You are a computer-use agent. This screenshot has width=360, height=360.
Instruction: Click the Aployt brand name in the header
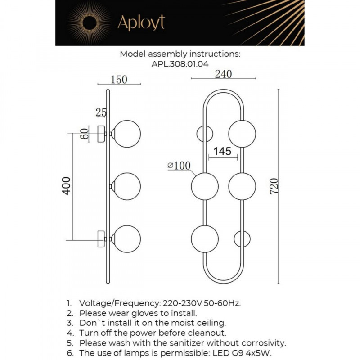click(x=141, y=22)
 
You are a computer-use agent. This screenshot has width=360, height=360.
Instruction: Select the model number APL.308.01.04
click(x=180, y=64)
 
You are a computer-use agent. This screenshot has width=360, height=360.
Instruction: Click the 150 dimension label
click(x=119, y=80)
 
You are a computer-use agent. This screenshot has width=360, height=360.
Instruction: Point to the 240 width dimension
click(x=223, y=74)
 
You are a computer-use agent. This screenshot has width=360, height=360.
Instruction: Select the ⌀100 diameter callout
click(x=179, y=166)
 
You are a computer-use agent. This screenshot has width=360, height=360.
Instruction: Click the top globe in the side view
click(x=127, y=134)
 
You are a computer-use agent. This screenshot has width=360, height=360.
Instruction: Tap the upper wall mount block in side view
click(x=102, y=134)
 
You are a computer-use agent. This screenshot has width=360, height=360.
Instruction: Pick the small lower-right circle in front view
click(x=242, y=238)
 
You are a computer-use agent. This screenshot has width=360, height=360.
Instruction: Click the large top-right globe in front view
click(x=242, y=134)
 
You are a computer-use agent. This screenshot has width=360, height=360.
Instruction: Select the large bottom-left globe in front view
click(x=205, y=238)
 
